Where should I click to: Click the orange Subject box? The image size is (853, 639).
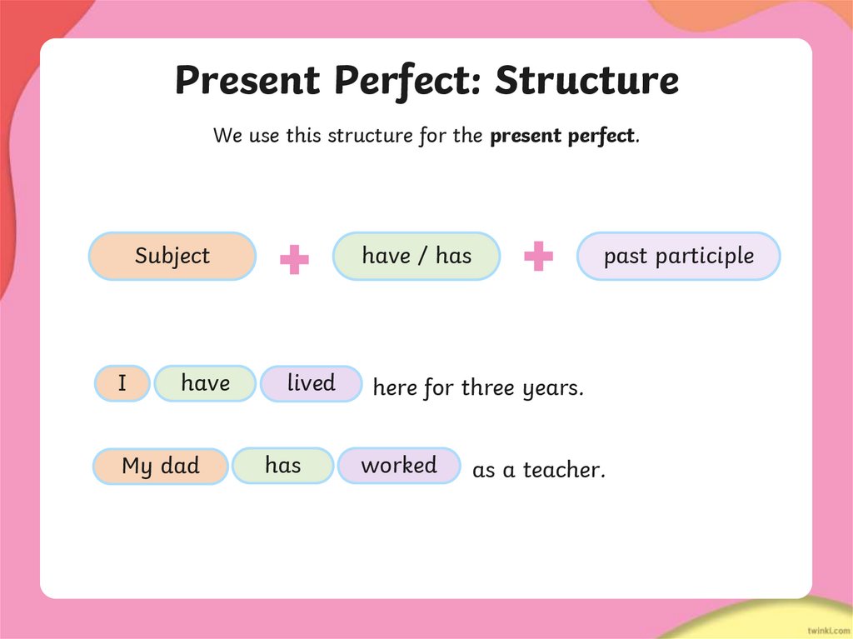172,256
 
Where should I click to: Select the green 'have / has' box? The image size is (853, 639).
417,256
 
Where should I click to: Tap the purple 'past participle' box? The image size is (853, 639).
678,256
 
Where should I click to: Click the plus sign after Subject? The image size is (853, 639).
294,259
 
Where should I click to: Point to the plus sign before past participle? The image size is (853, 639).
538,257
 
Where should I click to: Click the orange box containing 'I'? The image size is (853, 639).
122,383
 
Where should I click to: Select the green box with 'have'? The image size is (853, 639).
205,383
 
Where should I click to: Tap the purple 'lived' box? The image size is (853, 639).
311,383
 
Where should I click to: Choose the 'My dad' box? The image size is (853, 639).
160,466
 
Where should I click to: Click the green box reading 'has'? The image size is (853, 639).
282,465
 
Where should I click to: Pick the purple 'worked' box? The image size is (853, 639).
398,465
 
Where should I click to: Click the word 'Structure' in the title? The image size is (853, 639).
586,81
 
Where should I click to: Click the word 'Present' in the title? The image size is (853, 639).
247,81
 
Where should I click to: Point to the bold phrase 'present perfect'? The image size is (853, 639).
562,136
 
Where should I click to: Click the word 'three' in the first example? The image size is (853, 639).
489,387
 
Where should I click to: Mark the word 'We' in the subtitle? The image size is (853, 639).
227,136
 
